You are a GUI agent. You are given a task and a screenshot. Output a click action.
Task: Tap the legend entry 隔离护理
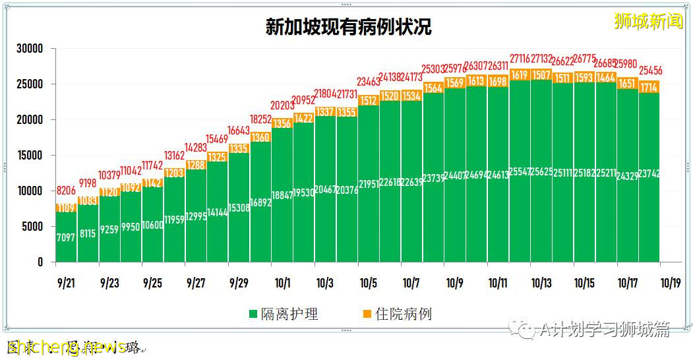tap(283, 314)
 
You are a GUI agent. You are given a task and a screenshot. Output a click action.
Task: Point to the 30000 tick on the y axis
tap(30, 49)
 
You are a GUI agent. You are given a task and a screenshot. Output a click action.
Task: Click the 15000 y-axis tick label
tap(30, 156)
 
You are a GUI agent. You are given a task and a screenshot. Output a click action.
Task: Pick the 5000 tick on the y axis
tap(32, 227)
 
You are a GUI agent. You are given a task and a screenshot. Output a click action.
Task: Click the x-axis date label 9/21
tap(66, 283)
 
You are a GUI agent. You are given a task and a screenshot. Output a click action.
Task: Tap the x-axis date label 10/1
tap(282, 283)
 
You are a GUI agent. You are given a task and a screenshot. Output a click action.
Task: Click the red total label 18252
tap(260, 119)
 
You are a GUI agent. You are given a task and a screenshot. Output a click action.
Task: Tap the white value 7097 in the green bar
tap(66, 237)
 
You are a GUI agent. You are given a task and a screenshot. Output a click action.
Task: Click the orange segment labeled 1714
tap(649, 87)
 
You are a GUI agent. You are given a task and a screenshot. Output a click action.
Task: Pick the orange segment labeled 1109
tap(66, 208)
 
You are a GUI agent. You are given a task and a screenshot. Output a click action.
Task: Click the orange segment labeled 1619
tap(520, 75)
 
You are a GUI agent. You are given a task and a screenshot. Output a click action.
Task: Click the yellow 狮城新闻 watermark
tap(648, 21)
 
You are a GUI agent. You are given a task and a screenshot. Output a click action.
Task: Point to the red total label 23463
tap(369, 82)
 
